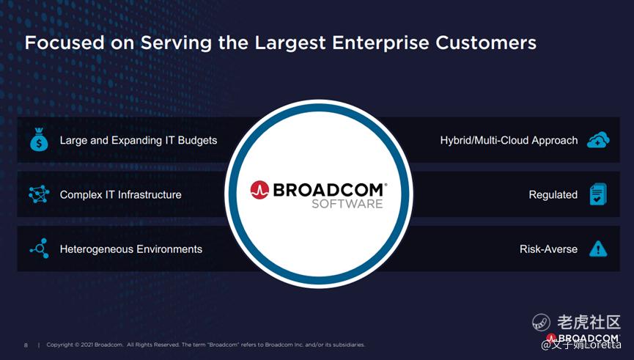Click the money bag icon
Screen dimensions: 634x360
pyautogui.click(x=39, y=139)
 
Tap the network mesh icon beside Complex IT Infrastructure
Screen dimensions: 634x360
pyautogui.click(x=39, y=194)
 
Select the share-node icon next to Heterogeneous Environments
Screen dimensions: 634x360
pyautogui.click(x=40, y=249)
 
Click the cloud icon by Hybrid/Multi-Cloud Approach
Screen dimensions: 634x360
pyautogui.click(x=598, y=139)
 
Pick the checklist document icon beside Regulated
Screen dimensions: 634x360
pyautogui.click(x=598, y=194)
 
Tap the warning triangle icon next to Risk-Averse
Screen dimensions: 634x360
pyautogui.click(x=598, y=249)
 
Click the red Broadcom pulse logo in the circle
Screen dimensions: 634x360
pyautogui.click(x=259, y=190)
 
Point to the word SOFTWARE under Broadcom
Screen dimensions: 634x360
pyautogui.click(x=347, y=203)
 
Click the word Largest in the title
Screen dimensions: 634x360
pyautogui.click(x=290, y=43)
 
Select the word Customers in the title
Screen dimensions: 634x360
pyautogui.click(x=486, y=43)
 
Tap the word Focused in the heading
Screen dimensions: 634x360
pyautogui.click(x=64, y=43)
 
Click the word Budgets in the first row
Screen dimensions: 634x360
pyautogui.click(x=197, y=140)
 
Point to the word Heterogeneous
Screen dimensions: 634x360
pyautogui.click(x=94, y=249)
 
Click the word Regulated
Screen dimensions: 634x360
pyautogui.click(x=553, y=195)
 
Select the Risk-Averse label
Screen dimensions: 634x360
pyautogui.click(x=548, y=249)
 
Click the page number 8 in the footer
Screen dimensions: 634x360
pyautogui.click(x=26, y=345)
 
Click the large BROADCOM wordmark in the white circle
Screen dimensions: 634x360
pyautogui.click(x=330, y=190)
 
